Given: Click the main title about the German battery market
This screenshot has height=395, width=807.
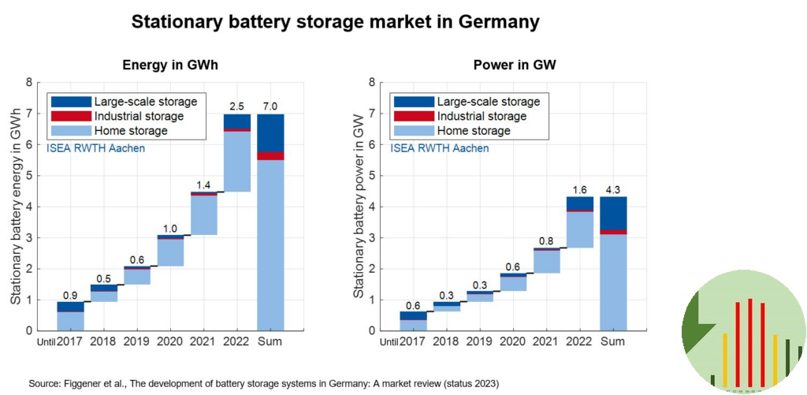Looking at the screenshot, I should click(x=335, y=22).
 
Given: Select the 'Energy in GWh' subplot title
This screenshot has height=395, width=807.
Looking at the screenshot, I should click(x=169, y=65).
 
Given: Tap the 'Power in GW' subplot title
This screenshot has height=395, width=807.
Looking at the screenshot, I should click(x=515, y=65).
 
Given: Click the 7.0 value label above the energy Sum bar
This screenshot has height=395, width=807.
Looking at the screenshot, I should click(x=270, y=106).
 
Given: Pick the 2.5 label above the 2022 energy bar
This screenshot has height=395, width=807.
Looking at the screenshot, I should click(x=237, y=106).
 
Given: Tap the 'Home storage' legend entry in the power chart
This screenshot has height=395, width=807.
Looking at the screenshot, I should click(x=470, y=131).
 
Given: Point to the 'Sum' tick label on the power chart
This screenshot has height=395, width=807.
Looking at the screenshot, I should click(x=612, y=341).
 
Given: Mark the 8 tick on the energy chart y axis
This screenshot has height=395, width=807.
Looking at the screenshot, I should click(x=28, y=82).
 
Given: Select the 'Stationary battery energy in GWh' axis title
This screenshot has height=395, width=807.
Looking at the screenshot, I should click(x=15, y=207).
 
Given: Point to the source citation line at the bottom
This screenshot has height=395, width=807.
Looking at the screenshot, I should click(x=264, y=384).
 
